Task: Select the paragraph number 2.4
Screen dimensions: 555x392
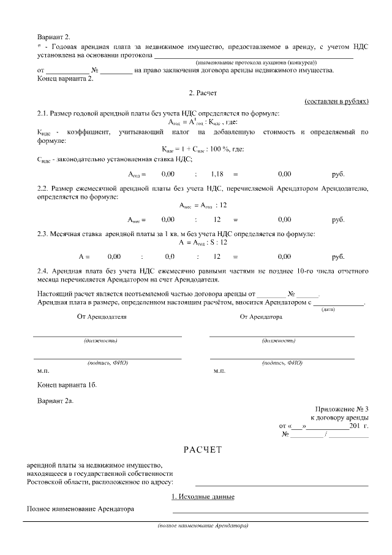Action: point(43,270)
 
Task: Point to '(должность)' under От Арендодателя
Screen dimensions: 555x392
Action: point(100,340)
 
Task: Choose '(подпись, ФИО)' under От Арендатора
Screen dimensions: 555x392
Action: point(282,362)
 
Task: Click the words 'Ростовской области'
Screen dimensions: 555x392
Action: point(56,482)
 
